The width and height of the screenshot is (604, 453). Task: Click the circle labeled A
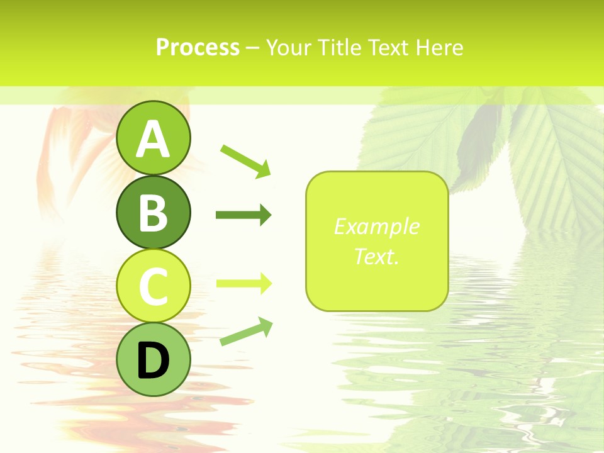(153, 138)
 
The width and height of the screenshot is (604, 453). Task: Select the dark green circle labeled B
(153, 212)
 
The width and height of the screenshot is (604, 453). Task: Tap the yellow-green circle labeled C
(153, 286)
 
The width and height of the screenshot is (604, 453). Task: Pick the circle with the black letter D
(153, 360)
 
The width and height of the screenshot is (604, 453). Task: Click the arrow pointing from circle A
(245, 160)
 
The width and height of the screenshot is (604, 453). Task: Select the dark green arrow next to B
(243, 215)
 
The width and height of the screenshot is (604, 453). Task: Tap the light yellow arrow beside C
(243, 284)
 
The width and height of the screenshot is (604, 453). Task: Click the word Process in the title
(198, 47)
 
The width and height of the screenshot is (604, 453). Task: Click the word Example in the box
(376, 226)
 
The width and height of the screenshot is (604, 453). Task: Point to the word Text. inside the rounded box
(376, 256)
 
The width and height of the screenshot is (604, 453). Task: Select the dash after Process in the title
(252, 48)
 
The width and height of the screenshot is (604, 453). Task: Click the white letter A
(153, 139)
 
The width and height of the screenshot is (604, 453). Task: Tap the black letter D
(153, 361)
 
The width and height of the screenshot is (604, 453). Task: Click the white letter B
(153, 213)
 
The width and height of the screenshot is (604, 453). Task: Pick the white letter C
(153, 287)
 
